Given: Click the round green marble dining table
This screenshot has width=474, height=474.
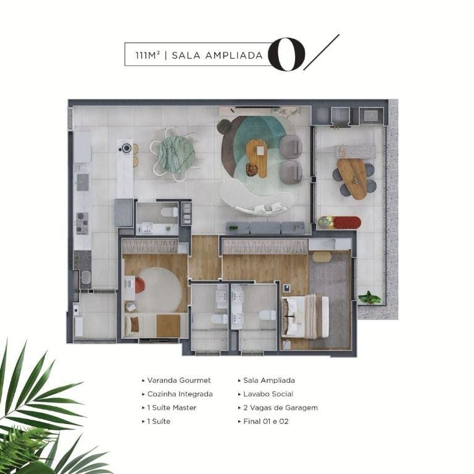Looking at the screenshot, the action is point(176,154).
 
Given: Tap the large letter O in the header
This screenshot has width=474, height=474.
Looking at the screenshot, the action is point(286,54).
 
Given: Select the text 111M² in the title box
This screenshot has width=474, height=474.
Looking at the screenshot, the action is point(148,56).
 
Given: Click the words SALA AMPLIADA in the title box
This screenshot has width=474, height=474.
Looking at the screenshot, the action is point(217,56).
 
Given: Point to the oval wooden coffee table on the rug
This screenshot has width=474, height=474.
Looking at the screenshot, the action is point(257,159).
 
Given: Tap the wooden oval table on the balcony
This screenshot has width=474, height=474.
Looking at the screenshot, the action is point(352,179).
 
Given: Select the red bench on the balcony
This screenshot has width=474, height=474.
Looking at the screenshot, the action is point(347,223).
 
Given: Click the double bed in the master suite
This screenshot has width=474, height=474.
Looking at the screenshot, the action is point(305,317).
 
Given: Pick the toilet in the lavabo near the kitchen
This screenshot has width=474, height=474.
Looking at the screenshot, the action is point(169,212).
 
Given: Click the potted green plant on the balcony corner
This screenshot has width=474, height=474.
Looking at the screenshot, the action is point(369,297).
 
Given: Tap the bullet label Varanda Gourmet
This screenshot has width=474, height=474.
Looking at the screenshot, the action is point(178,380).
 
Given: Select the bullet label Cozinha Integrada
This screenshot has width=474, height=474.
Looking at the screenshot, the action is point(180,394).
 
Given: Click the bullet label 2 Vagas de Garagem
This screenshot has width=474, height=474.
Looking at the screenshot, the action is point(281,407).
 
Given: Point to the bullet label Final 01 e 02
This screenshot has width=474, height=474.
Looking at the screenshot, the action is point(266,422).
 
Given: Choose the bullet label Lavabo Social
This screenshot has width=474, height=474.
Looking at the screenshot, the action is point(268,394).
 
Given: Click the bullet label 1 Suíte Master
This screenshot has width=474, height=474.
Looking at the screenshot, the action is point(172,407).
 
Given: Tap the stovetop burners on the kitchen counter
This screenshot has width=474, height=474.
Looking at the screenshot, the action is point(82,223).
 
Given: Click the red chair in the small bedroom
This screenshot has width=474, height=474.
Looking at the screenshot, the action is point(139,285).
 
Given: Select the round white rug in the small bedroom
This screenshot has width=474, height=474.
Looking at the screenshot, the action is point(158,290).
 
